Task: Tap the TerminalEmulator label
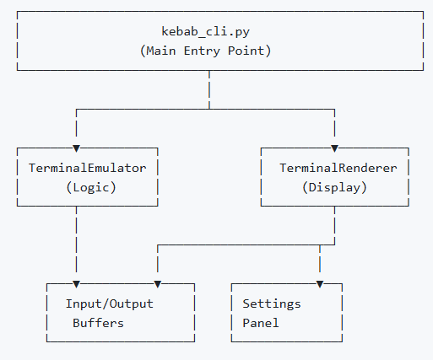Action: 87,168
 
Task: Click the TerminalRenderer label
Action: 338,168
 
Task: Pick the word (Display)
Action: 334,187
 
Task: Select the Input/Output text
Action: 110,304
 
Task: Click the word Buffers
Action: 98,323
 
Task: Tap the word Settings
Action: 272,304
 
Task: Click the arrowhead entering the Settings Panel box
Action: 320,283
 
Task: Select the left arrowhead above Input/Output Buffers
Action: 77,283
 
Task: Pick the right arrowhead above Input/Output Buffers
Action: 158,283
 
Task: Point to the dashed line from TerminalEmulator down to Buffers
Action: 77,244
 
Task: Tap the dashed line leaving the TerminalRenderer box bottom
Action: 334,226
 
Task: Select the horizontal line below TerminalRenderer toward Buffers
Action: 245,245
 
